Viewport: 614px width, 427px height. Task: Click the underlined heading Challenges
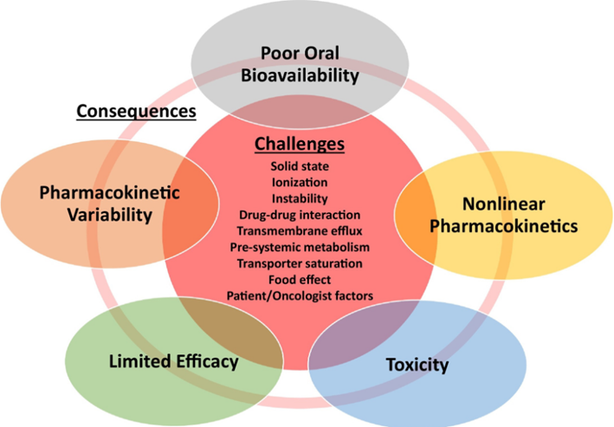[300, 144]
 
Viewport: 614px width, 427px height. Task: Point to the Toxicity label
[417, 364]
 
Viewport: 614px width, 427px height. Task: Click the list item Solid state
[300, 165]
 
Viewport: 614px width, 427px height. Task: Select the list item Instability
[300, 197]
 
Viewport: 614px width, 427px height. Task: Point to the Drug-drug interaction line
[300, 214]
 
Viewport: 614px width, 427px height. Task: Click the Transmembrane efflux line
[300, 230]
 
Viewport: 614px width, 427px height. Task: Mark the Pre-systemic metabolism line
[300, 247]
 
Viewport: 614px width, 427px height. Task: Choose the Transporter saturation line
[300, 263]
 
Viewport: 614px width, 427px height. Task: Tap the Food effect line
[300, 280]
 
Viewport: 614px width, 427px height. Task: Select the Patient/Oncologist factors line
[300, 296]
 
